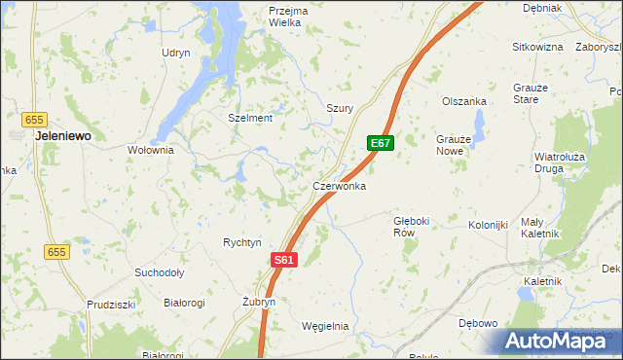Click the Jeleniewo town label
63,137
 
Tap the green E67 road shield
381,143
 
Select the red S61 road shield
283,260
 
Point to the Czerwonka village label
339,185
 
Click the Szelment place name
250,118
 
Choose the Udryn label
176,53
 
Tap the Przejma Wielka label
287,17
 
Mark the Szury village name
339,108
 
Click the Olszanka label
463,101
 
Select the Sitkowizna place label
538,46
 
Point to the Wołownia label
150,151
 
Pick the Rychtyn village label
242,242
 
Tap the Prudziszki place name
109,304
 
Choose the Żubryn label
259,303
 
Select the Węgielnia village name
325,326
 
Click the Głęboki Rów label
410,227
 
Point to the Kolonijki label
489,226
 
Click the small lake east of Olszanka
479,124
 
